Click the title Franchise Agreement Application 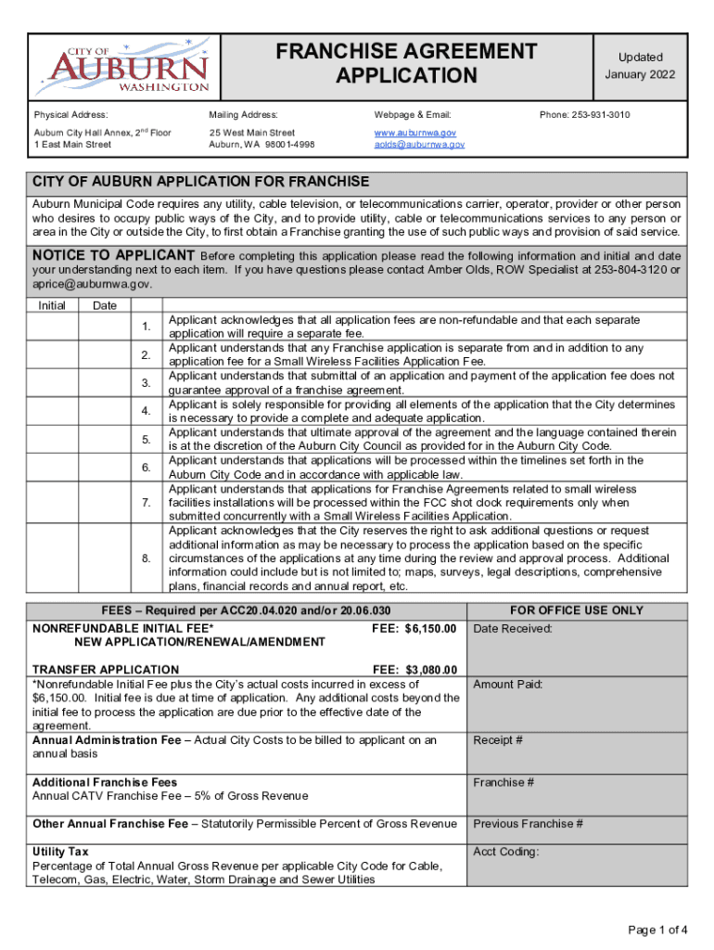tap(406, 63)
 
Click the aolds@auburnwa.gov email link tap(419, 145)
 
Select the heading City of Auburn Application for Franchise tap(201, 181)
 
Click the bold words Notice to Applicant tap(113, 255)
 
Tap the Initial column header tap(52, 305)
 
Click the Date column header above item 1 tap(105, 305)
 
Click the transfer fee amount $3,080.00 tap(428, 669)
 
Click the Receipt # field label tap(498, 740)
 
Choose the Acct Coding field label tap(506, 853)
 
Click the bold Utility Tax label tap(62, 852)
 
